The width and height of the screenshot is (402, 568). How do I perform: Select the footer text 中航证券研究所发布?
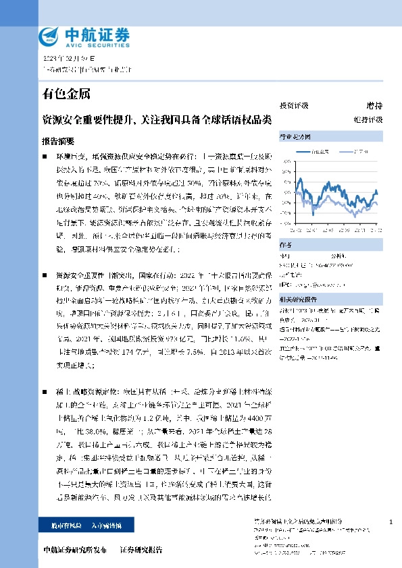coord(74,549)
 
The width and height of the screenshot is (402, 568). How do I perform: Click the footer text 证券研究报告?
coord(141,549)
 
